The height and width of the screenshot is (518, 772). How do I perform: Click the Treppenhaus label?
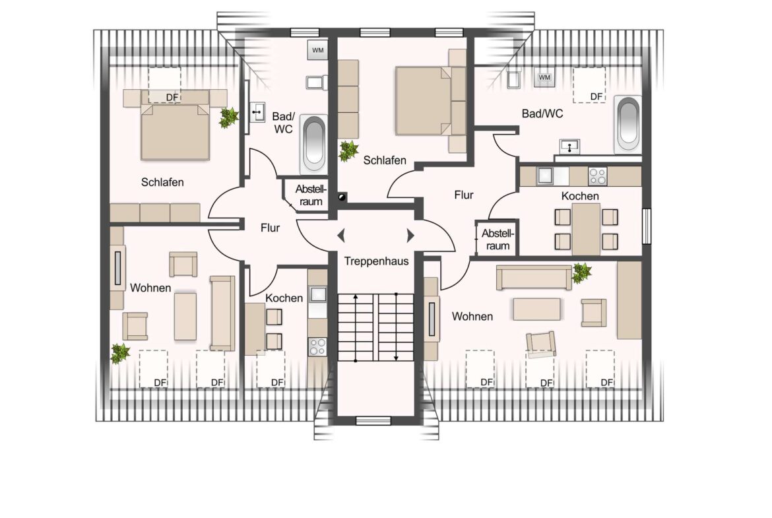click(376, 261)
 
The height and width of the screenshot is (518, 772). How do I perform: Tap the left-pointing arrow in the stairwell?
click(340, 236)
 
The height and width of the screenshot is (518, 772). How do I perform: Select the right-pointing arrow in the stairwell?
click(410, 236)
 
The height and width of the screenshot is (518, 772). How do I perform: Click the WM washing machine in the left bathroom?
click(317, 50)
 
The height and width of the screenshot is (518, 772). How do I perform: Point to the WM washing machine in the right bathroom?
click(544, 77)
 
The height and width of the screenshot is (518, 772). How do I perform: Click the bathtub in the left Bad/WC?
click(314, 143)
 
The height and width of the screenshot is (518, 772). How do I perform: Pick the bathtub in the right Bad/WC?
click(628, 123)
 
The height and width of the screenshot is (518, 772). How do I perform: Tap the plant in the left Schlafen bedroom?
click(228, 117)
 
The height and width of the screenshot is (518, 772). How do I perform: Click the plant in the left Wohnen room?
click(119, 353)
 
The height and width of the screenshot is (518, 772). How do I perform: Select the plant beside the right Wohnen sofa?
click(581, 273)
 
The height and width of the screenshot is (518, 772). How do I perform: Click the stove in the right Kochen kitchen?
click(598, 176)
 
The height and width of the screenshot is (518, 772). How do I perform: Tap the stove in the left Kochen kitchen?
click(317, 346)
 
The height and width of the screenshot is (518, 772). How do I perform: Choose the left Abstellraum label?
click(311, 195)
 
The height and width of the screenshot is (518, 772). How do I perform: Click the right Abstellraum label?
click(498, 239)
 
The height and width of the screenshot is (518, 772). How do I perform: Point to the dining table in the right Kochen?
click(586, 229)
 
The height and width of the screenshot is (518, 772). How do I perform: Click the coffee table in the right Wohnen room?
click(536, 309)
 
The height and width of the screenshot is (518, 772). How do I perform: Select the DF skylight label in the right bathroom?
click(596, 96)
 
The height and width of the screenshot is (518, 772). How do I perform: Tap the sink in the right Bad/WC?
click(569, 146)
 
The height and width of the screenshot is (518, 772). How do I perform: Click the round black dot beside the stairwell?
click(341, 197)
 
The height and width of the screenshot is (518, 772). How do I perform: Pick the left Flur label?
click(270, 228)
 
